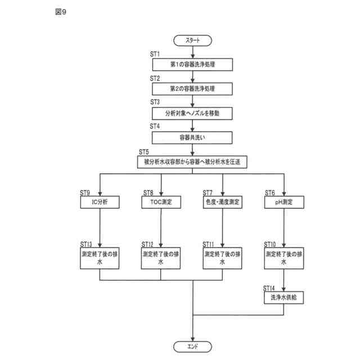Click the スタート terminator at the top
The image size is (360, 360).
tap(193, 40)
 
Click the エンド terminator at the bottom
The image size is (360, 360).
tap(193, 345)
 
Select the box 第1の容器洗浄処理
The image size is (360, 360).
tap(193, 65)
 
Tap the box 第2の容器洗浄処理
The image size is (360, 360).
tap(193, 89)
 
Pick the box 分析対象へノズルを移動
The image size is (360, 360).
tap(193, 113)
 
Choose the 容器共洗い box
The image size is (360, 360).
tap(193, 137)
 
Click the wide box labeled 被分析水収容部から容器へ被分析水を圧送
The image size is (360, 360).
tap(193, 162)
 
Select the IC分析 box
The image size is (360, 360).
tap(100, 201)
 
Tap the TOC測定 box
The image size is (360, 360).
tap(161, 201)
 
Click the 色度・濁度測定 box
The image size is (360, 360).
tap(223, 201)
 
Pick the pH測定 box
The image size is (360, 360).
tap(284, 201)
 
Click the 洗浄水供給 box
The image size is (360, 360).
tap(284, 298)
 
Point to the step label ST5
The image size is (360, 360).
tap(143, 151)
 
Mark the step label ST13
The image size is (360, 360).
tap(87, 244)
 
